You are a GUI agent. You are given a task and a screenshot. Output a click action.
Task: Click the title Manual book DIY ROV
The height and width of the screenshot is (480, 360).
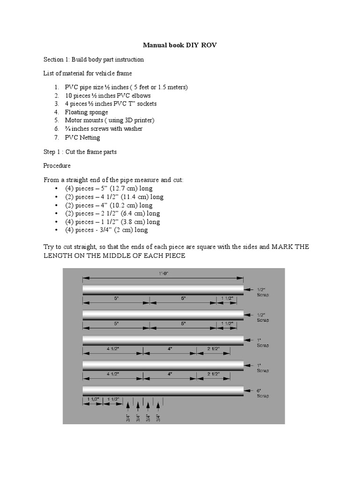click(x=180, y=45)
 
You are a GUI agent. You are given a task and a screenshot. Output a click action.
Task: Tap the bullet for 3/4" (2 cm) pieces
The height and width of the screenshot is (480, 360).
click(x=106, y=230)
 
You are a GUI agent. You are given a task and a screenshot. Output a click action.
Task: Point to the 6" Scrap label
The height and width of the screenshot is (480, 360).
click(x=262, y=393)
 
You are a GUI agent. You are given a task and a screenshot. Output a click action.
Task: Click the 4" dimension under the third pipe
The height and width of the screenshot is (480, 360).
click(x=171, y=348)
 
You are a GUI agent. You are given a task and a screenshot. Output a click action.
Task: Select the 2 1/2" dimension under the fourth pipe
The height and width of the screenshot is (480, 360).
click(x=213, y=374)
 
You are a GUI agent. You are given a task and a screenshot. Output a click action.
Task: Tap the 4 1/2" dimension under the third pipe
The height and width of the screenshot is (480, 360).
click(x=113, y=348)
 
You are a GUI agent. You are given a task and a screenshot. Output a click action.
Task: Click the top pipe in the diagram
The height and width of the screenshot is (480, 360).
click(x=163, y=290)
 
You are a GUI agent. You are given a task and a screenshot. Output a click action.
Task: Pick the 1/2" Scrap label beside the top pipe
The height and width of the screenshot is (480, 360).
click(x=262, y=292)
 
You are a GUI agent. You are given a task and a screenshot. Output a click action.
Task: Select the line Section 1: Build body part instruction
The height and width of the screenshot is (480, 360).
click(x=94, y=60)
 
